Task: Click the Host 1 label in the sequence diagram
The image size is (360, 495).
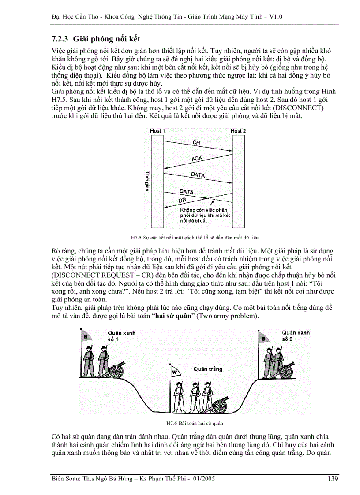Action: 157,131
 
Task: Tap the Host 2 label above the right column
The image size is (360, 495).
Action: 238,131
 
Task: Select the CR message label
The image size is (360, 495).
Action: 196,143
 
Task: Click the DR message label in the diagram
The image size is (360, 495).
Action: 183,201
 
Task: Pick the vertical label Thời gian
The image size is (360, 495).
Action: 147,181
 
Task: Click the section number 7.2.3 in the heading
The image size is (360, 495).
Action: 60,39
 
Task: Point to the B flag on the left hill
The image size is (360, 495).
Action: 85,338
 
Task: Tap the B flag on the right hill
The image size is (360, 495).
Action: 263,339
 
